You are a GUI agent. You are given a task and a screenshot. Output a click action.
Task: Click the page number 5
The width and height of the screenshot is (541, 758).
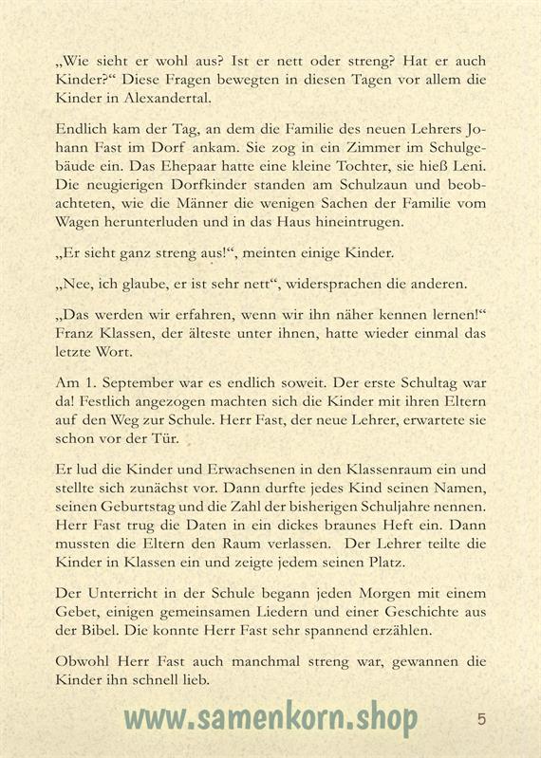point(481,718)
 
